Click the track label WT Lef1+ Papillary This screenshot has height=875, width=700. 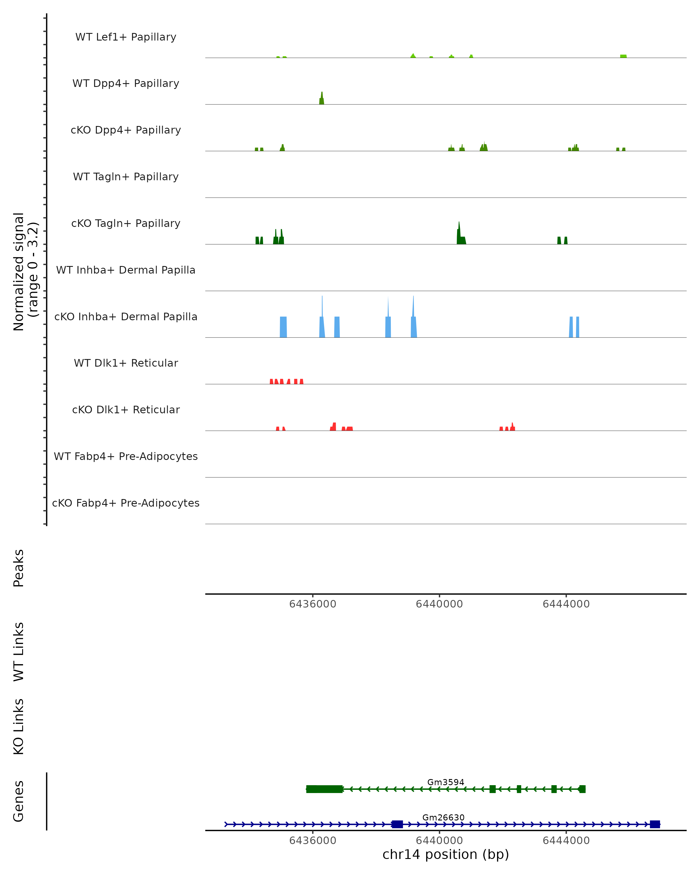pos(126,37)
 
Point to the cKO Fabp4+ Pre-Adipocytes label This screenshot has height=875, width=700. pos(126,503)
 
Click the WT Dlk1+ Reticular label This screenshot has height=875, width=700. pos(126,363)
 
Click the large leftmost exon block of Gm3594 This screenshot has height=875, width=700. pos(324,789)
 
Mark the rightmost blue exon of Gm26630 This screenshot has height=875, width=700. pos(654,824)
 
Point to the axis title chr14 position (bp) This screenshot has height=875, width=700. pos(446,855)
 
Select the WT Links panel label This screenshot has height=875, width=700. pos(19,651)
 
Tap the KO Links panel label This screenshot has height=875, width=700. pos(19,727)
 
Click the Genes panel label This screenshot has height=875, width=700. pos(19,801)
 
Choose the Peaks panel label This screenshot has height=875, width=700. pos(19,568)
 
